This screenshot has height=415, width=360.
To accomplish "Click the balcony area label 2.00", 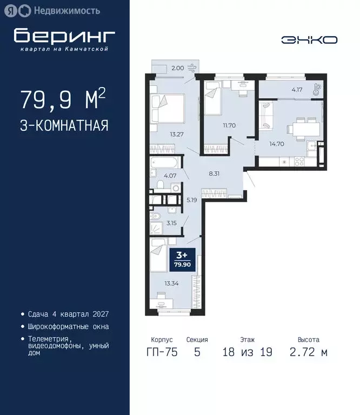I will [x=178, y=68].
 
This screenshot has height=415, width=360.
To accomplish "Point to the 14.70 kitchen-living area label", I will [x=277, y=144].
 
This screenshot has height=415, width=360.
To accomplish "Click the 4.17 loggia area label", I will [x=297, y=89].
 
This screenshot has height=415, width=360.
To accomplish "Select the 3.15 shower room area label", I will [x=172, y=222].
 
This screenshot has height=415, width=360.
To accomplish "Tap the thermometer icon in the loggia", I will [x=316, y=89].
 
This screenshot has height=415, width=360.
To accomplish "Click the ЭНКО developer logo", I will [x=309, y=39].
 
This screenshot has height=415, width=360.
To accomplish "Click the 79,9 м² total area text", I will [x=63, y=99].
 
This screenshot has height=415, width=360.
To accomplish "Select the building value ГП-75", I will [x=162, y=353].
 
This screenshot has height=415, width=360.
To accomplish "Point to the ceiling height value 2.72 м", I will [x=308, y=353].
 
